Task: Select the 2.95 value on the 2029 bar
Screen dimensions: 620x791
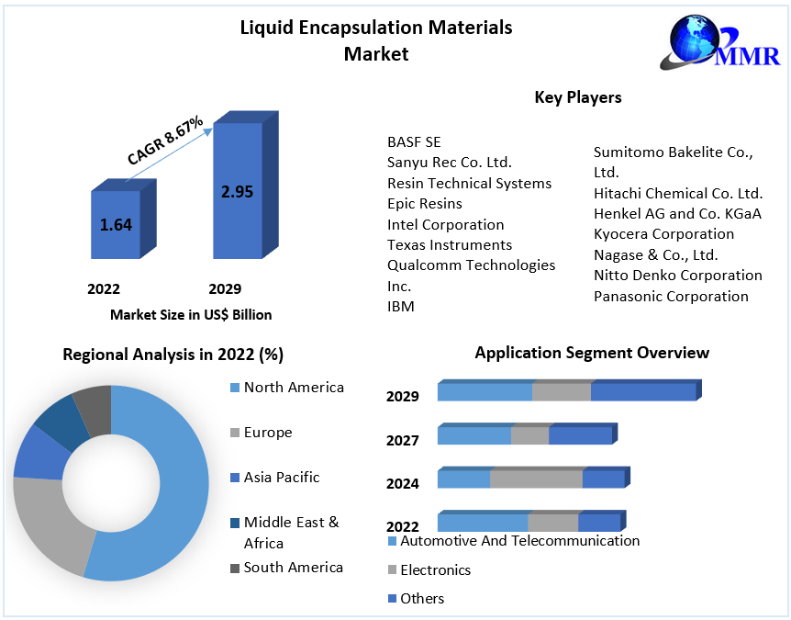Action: click(x=237, y=192)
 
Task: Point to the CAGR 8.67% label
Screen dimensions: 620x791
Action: click(x=165, y=141)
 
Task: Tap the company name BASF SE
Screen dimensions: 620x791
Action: click(x=414, y=141)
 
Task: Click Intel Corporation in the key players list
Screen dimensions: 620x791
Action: click(x=445, y=224)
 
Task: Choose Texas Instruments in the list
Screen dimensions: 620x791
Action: click(x=450, y=244)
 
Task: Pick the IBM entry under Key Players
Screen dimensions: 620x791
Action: click(x=401, y=306)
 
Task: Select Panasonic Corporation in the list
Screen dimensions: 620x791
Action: click(x=671, y=296)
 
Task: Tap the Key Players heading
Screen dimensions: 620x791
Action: click(x=577, y=97)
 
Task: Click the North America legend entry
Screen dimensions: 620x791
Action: click(x=294, y=388)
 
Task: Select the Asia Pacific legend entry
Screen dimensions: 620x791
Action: click(x=282, y=478)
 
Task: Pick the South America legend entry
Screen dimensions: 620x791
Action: click(x=293, y=568)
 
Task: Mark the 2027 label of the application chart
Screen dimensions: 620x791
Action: click(x=403, y=440)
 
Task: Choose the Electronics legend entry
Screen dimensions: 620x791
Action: click(x=435, y=570)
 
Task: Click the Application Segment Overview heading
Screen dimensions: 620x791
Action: click(x=592, y=353)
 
